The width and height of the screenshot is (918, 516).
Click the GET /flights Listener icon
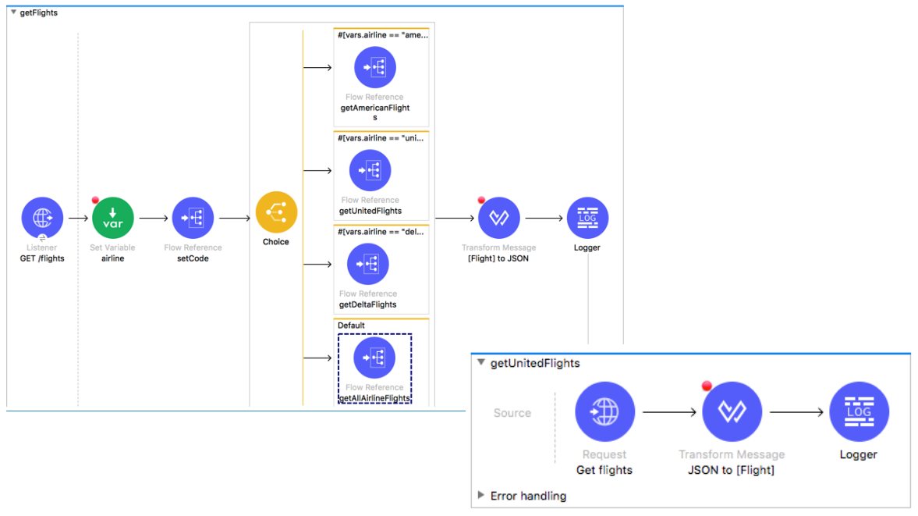pos(42,218)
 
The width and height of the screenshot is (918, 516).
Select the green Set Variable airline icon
pos(113,218)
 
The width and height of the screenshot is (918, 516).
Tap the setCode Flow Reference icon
pos(193,218)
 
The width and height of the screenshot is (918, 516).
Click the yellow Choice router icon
pos(276,212)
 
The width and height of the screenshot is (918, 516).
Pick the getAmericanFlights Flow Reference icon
pos(375,67)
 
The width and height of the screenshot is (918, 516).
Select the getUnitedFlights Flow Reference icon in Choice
pos(370,170)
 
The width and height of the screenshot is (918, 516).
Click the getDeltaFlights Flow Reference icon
pos(367,264)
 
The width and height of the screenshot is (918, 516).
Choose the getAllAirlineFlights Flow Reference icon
pos(374,358)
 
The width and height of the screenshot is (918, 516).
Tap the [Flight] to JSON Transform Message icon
pos(499,218)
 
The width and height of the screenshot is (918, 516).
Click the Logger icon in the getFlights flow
pos(588,218)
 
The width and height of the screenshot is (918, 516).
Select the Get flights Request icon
pos(604,411)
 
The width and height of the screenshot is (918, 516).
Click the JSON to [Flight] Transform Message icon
pos(732,411)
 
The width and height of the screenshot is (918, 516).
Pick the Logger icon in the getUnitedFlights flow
pos(860,411)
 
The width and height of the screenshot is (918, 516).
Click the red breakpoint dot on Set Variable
pos(95,201)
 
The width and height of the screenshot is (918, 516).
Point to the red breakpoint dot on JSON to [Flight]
pos(707,386)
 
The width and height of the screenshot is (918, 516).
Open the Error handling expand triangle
pos(480,496)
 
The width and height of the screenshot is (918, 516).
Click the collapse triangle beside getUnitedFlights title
pos(481,362)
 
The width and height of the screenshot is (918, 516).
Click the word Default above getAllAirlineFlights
pos(351,326)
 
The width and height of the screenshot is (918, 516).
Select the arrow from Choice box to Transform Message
pos(454,218)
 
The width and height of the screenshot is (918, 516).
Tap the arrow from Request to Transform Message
pos(669,412)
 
